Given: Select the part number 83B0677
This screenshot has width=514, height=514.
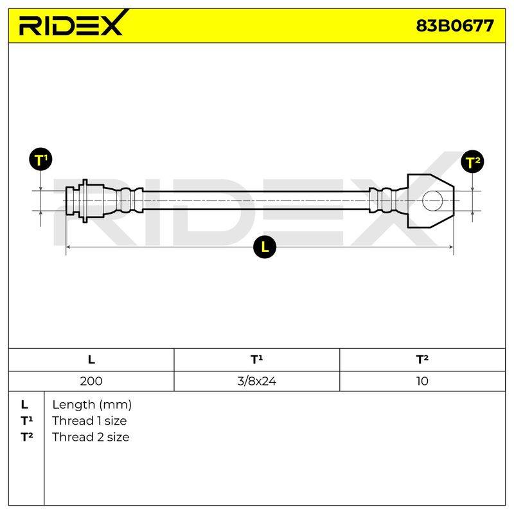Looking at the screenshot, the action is [x=455, y=26].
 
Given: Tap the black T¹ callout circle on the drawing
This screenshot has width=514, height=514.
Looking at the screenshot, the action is [x=40, y=159].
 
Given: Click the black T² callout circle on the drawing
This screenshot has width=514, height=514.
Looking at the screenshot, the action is [x=472, y=162].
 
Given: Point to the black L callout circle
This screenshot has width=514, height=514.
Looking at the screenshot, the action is [x=265, y=247].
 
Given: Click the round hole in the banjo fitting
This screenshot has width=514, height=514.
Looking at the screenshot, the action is [x=432, y=200].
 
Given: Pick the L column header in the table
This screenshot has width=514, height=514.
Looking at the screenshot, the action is [x=91, y=360].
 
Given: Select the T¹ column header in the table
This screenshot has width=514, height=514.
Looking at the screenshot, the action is [x=256, y=359].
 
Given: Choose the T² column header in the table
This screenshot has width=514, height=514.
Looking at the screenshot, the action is [x=422, y=359].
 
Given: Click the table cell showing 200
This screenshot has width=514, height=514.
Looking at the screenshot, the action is [x=91, y=381].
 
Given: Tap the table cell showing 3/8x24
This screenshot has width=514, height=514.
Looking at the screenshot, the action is [x=256, y=381].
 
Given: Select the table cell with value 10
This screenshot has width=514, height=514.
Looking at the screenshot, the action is [x=422, y=381].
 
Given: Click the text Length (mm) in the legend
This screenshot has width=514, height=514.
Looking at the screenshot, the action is [x=92, y=405].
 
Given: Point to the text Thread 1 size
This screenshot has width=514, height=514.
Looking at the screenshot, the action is [x=89, y=421].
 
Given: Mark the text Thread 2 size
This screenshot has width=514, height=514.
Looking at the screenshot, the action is [x=91, y=437].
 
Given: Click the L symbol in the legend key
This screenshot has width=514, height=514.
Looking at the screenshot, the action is [x=24, y=405].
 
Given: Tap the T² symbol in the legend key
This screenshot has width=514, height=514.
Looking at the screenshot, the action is [x=26, y=437].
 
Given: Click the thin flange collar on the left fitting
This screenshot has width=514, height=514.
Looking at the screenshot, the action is [x=85, y=200].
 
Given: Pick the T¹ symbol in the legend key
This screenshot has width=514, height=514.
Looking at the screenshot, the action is [x=26, y=421].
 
